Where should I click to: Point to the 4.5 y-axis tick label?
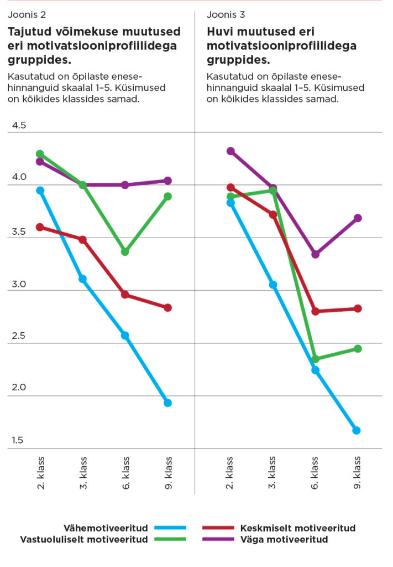[19, 126]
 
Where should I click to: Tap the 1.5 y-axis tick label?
[19, 441]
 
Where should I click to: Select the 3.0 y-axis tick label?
[19, 284]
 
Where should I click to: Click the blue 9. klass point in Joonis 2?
[167, 403]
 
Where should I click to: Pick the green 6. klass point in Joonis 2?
[125, 252]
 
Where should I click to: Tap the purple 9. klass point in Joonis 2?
[167, 181]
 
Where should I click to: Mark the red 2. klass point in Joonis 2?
[40, 227]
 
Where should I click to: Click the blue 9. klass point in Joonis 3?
[357, 430]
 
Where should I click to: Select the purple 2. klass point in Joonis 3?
[230, 151]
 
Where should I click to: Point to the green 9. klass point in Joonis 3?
[358, 349]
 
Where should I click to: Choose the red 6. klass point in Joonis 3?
[315, 311]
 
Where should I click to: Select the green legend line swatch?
[171, 539]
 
